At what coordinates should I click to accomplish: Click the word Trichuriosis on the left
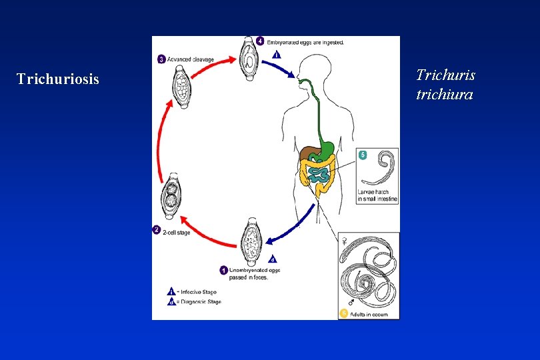point(57,79)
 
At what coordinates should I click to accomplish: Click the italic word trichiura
point(444,95)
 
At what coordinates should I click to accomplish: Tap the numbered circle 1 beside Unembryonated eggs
point(223,271)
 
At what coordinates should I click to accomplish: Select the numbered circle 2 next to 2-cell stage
point(156,231)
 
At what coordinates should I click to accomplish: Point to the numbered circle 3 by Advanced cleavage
point(161,59)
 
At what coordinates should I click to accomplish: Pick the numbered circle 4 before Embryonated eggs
point(260,41)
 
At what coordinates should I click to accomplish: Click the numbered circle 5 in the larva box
point(363,155)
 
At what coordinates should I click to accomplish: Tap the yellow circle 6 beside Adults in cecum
point(344,313)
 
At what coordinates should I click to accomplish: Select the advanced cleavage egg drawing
point(181,86)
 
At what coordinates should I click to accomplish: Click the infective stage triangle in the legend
point(171,291)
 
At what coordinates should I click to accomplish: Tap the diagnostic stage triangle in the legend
point(171,301)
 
